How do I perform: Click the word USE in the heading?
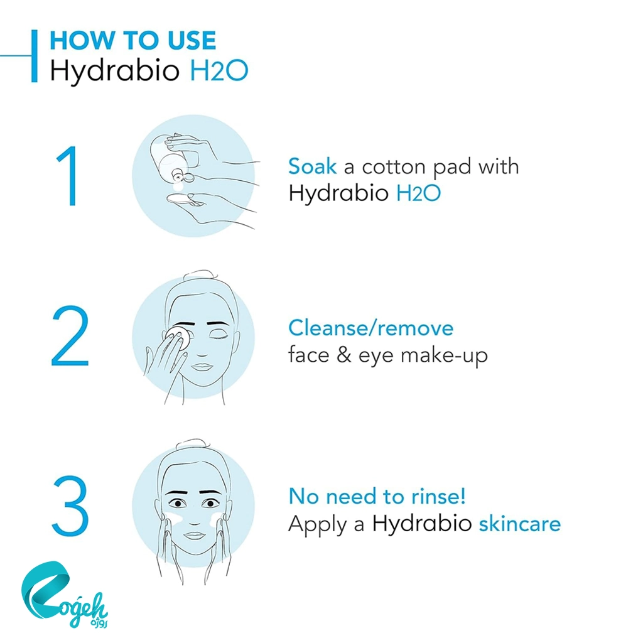pyautogui.click(x=192, y=40)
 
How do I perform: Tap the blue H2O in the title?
pyautogui.click(x=219, y=70)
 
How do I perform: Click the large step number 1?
pyautogui.click(x=69, y=176)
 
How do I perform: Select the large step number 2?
pyautogui.click(x=70, y=335)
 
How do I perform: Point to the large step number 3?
pyautogui.click(x=70, y=506)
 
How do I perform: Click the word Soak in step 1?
pyautogui.click(x=313, y=166)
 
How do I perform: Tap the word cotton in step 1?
pyautogui.click(x=394, y=167)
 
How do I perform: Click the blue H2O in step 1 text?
pyautogui.click(x=418, y=193)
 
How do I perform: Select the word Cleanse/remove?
pyautogui.click(x=370, y=328)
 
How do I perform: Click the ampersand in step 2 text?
pyautogui.click(x=344, y=355)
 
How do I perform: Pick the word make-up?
pyautogui.click(x=445, y=356)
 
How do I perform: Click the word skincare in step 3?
pyautogui.click(x=520, y=524)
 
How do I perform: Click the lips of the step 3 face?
pyautogui.click(x=194, y=536)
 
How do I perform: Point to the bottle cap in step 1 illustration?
pyautogui.click(x=183, y=177)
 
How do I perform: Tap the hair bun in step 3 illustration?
pyautogui.click(x=193, y=445)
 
